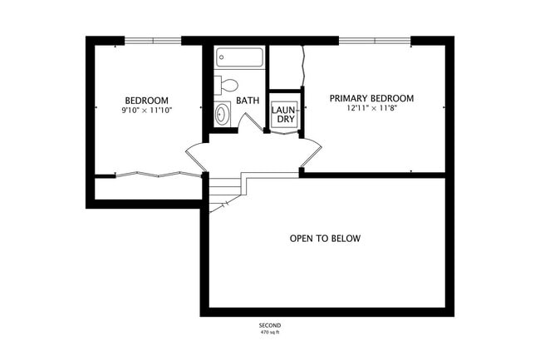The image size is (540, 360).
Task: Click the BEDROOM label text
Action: pos(147,100)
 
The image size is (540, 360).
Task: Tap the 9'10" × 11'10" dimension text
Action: pos(147,110)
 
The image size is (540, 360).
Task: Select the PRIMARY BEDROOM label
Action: pos(371,98)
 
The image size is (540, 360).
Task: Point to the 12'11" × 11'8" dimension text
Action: pos(371,108)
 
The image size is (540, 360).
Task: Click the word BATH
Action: pos(248,101)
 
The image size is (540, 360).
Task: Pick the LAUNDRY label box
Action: pos(284,114)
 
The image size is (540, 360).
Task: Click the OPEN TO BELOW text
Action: pos(326,239)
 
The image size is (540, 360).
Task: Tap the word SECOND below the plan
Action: pos(270,325)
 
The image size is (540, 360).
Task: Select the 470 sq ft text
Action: pos(270,333)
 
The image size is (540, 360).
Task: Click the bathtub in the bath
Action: pos(240,57)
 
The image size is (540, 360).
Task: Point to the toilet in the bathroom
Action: pos(226,84)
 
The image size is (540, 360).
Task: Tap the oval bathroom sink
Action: pos(223,114)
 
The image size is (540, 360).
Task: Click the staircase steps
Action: pos(223,193)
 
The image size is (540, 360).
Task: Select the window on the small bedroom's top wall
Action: pos(153,40)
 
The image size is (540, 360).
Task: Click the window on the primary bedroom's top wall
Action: pos(375,40)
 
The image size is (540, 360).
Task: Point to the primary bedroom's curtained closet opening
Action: pos(305,65)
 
